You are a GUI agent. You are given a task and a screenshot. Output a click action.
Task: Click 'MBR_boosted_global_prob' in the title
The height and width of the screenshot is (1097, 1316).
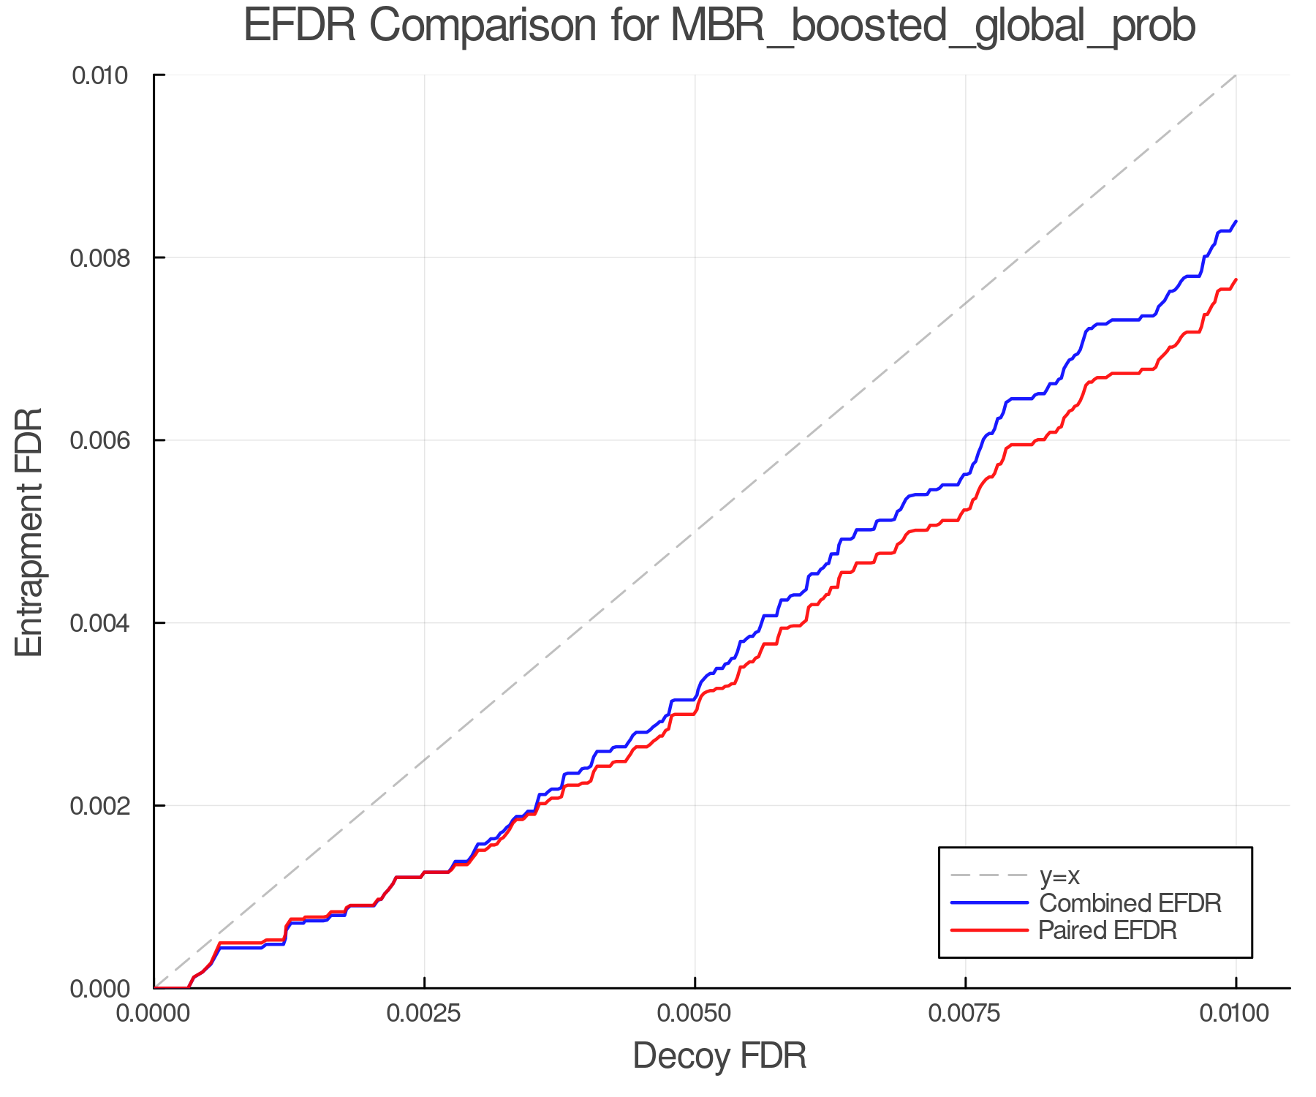point(932,27)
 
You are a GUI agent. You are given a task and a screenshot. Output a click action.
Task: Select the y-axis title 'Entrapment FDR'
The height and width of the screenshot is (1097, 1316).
point(29,532)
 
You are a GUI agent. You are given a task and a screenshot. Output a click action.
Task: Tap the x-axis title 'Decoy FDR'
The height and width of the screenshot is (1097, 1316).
point(719,1056)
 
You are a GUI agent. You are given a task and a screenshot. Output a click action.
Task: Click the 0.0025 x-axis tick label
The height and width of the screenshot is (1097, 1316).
point(424,1013)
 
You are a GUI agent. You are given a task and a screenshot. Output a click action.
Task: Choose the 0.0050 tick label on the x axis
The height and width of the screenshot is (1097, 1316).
point(695,1013)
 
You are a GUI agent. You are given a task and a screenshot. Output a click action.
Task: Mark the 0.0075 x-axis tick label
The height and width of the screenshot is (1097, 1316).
point(965,1013)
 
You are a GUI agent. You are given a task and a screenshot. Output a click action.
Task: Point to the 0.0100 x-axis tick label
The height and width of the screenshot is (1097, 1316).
point(1236,1013)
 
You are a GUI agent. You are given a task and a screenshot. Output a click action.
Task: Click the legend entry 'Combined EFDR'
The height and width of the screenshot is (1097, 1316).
point(1130,903)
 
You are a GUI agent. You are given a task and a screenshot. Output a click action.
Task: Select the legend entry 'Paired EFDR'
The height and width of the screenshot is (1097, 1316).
point(1108,930)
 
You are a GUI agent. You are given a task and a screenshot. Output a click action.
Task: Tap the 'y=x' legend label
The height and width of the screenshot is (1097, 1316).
point(1059,875)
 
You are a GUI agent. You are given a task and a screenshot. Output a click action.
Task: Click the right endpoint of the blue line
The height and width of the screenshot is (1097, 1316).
point(1236,221)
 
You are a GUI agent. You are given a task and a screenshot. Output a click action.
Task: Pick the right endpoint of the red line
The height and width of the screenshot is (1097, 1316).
point(1236,279)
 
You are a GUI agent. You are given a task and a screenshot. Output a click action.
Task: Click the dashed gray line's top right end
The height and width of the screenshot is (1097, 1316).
point(1236,75)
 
